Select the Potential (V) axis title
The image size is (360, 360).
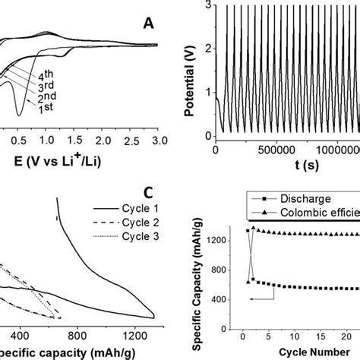point(189,71)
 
